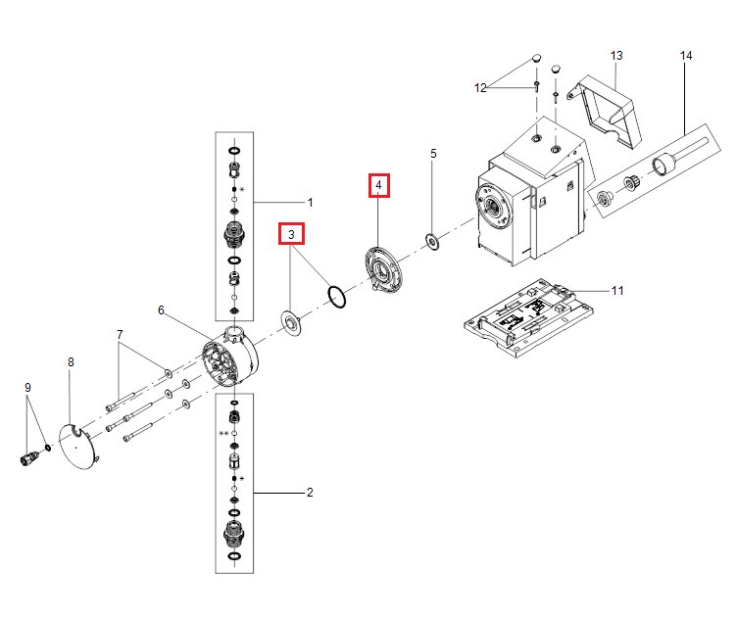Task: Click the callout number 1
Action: point(310,203)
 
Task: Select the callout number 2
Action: point(310,492)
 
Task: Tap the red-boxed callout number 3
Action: point(291,234)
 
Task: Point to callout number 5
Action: point(433,154)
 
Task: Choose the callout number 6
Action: point(162,310)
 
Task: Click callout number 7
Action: point(120,335)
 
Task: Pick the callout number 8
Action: point(71,362)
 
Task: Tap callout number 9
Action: point(27,387)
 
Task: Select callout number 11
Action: point(616,291)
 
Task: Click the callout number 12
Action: point(480,88)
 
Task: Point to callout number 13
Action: point(616,55)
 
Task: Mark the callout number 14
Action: point(686,56)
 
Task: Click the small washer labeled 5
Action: point(430,239)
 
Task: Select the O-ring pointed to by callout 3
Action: point(336,296)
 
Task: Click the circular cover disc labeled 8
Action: point(76,446)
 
